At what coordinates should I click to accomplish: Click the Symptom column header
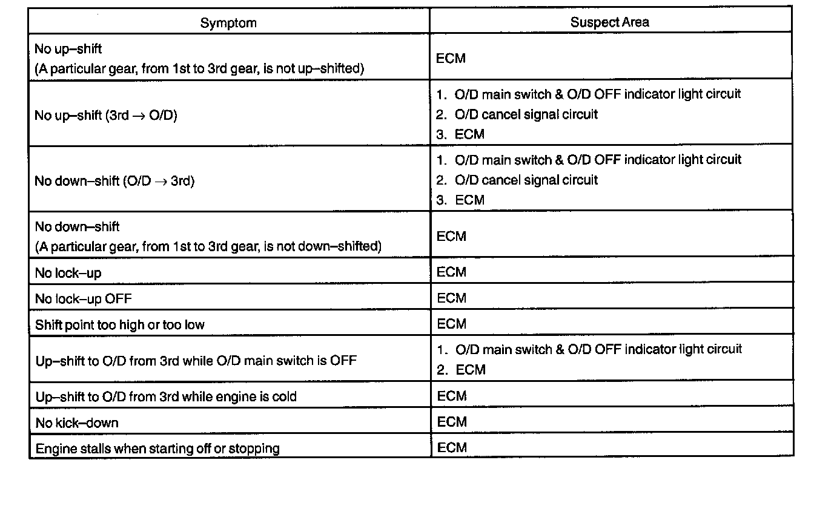(228, 23)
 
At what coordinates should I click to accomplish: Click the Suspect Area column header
(609, 22)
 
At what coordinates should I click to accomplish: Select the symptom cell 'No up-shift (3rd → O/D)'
(106, 115)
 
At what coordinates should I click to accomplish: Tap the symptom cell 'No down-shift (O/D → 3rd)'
(114, 181)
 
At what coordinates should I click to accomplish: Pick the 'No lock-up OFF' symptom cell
(83, 298)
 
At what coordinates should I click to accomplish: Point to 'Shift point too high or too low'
(120, 325)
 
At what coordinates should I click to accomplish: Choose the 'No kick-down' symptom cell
(76, 422)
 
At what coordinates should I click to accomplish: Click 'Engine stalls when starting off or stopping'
(157, 448)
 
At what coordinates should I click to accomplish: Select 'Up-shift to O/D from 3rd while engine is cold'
(166, 396)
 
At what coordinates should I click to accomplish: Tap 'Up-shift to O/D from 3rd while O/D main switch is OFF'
(196, 361)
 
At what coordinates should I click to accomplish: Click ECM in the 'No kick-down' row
(452, 422)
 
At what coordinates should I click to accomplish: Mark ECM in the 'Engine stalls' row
(452, 447)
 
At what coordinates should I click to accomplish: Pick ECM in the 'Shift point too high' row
(451, 324)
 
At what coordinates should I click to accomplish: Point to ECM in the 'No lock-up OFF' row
(451, 298)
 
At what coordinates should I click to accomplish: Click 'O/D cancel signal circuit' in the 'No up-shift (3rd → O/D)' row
(526, 114)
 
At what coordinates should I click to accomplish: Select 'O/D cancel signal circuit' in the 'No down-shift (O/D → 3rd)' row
(526, 180)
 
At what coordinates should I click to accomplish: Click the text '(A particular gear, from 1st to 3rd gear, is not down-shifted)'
(208, 246)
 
